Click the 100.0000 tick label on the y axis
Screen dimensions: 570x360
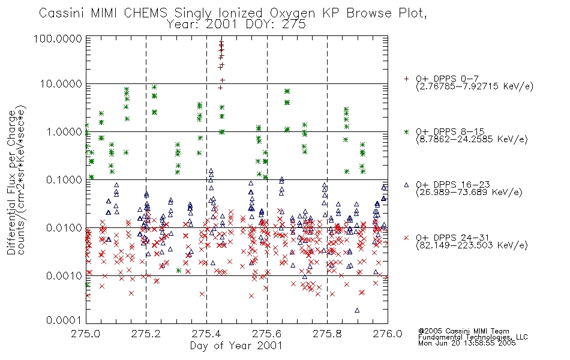[x=58, y=38]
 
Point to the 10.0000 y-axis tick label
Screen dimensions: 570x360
[x=61, y=84]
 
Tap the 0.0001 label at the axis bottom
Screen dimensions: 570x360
[x=64, y=320]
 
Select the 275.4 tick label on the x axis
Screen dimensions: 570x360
[x=206, y=334]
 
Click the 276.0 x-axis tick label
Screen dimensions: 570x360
[x=388, y=334]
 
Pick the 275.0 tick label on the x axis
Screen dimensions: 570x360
[x=86, y=334]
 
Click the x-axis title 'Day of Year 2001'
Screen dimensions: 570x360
[x=236, y=346]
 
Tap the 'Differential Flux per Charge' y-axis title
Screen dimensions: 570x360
[x=11, y=182]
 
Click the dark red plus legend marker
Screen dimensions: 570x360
[x=406, y=79]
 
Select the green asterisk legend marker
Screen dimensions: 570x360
[x=406, y=131]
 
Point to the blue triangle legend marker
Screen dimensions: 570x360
[x=406, y=185]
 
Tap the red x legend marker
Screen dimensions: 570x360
[x=406, y=238]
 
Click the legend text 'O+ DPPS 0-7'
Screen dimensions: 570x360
[x=448, y=79]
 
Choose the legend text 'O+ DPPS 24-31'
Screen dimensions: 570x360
[x=452, y=238]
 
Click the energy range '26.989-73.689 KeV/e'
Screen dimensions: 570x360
[x=469, y=192]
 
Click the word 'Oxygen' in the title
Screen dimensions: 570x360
[x=292, y=13]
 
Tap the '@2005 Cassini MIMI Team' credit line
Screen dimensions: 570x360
[x=464, y=331]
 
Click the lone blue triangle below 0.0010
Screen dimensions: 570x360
[x=357, y=310]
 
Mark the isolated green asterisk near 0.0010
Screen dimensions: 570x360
[x=178, y=271]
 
